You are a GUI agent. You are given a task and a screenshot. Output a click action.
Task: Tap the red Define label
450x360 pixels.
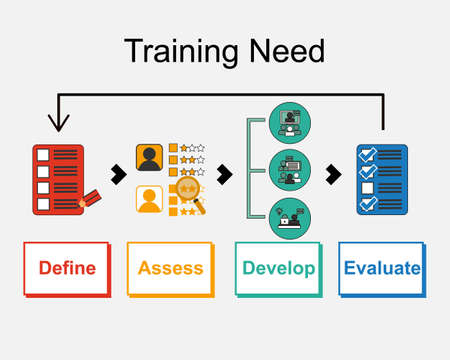67,268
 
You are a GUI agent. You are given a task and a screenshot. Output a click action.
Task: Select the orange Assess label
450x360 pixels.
170,268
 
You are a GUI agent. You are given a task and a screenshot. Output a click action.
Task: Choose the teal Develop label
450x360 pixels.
279,268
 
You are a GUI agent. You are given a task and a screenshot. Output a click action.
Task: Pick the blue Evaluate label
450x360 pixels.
381,268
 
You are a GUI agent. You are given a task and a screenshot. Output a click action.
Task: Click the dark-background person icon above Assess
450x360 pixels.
150,158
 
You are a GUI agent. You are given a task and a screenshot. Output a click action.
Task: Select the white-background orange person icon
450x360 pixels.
150,201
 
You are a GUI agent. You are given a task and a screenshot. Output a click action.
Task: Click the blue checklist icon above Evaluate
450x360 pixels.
382,180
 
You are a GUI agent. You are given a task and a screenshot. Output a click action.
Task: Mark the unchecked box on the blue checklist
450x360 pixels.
367,188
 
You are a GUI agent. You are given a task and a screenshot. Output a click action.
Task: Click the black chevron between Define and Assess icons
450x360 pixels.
118,175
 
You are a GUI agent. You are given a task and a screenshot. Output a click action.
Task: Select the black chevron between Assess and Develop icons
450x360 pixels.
225,175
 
